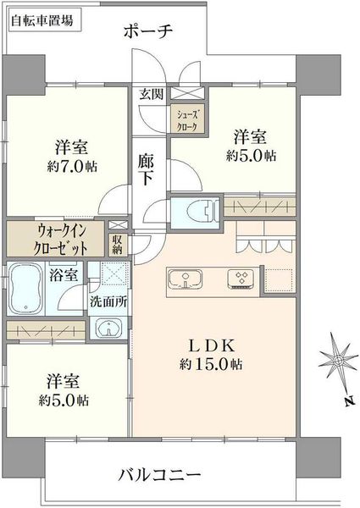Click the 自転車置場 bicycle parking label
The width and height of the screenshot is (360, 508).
(42, 21)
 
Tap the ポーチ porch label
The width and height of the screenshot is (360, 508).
(147, 31)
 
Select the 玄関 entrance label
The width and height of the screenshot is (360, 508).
(152, 94)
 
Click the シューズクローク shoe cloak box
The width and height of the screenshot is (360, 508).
(187, 119)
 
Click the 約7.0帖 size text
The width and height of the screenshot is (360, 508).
(72, 167)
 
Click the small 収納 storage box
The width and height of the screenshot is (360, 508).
(118, 245)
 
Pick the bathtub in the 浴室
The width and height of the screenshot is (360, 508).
(25, 289)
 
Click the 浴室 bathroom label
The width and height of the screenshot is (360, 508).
(64, 275)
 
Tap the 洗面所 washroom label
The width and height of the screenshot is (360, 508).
(108, 302)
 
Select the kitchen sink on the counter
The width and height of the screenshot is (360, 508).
(186, 279)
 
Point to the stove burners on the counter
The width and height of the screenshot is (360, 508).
(241, 279)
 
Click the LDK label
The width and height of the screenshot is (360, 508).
(211, 346)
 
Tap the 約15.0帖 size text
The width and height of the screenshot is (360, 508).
(211, 364)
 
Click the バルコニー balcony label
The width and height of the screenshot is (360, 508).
(159, 475)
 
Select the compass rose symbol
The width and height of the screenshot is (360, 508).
(338, 360)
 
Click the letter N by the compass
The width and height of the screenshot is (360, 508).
(348, 401)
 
